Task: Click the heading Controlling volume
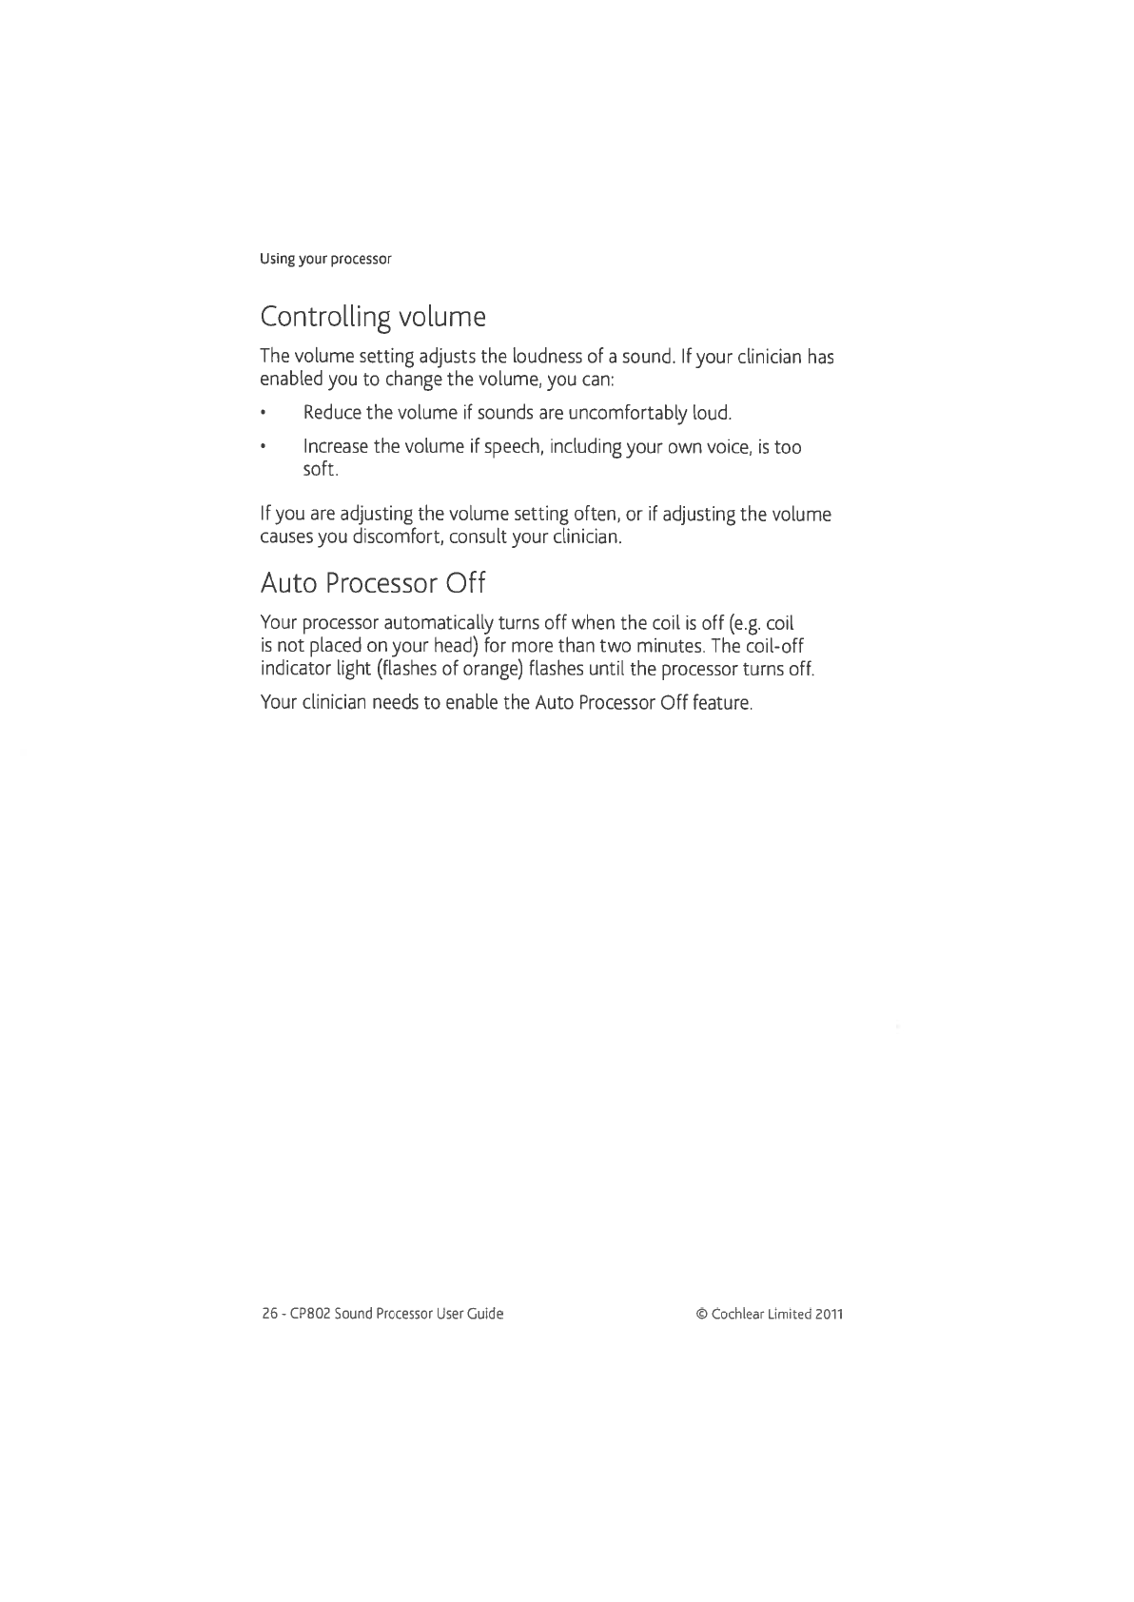(373, 316)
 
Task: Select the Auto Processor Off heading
(373, 581)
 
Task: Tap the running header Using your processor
(326, 259)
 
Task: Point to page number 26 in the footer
(269, 1314)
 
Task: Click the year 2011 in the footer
(828, 1314)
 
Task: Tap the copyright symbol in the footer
(702, 1314)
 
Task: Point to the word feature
(724, 704)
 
